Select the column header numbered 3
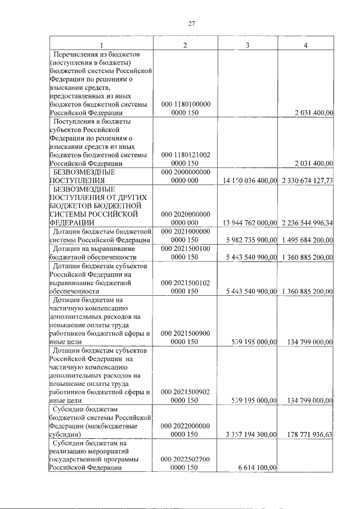(x=247, y=45)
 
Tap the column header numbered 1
(x=101, y=45)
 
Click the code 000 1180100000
(x=185, y=105)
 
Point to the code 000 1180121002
(x=185, y=154)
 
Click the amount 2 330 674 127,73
(x=306, y=181)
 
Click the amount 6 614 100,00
(x=258, y=467)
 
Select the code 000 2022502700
(x=185, y=460)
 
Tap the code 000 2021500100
(x=185, y=248)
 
